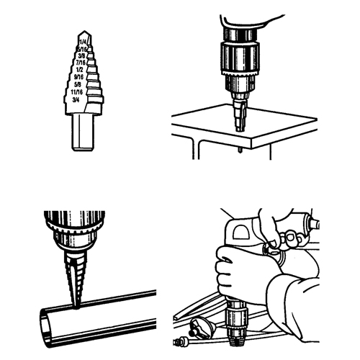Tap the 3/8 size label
tap(86, 58)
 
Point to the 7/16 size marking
tap(86, 66)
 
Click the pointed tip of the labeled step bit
tap(84, 32)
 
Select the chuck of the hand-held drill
tap(235, 320)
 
